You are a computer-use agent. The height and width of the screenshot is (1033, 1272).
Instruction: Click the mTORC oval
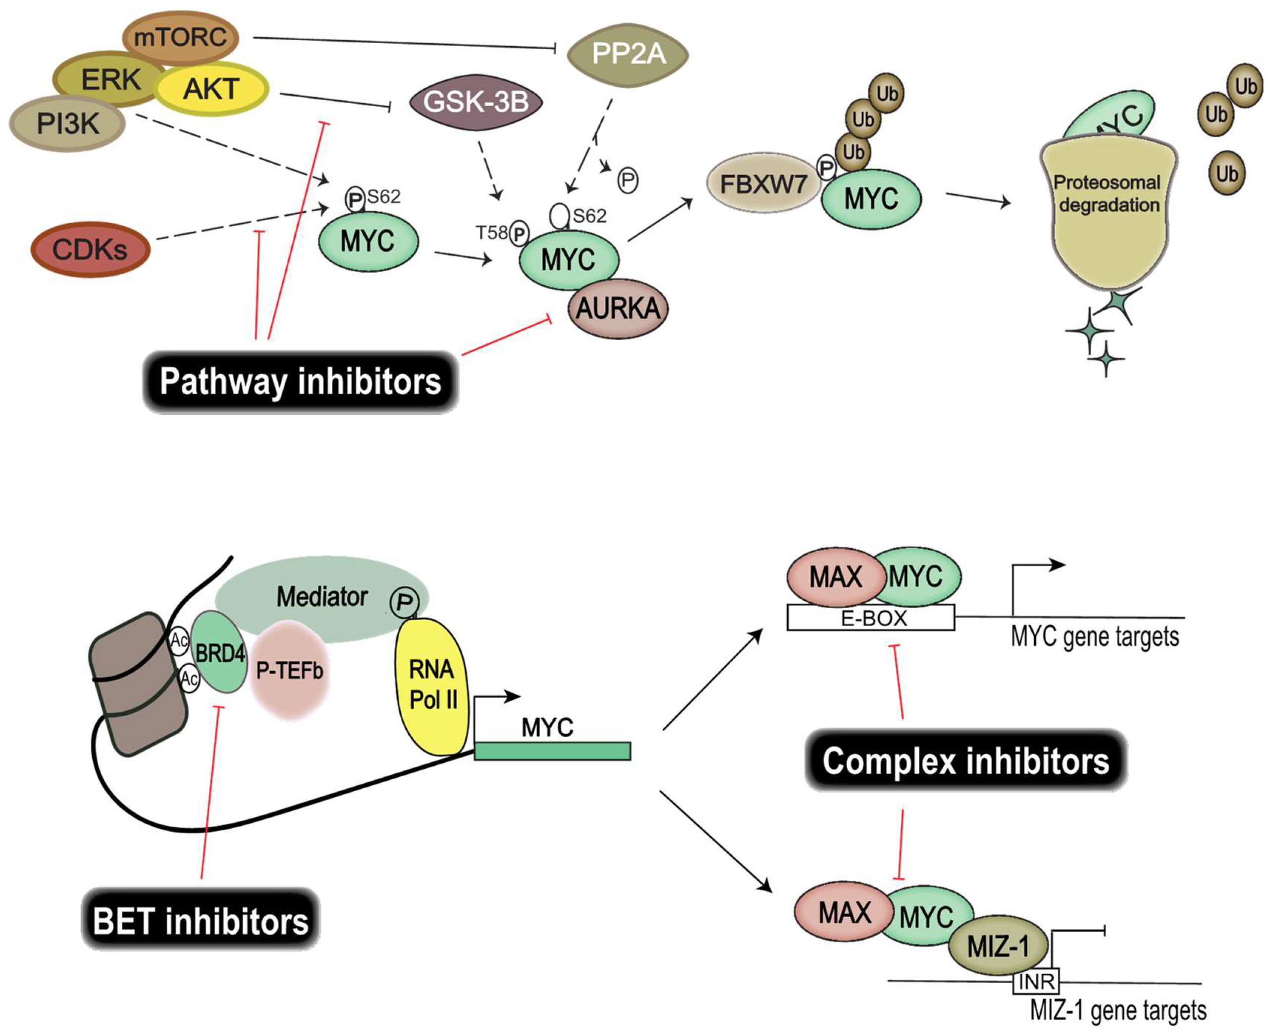tap(180, 38)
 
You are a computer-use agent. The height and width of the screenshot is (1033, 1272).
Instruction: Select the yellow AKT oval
tap(212, 89)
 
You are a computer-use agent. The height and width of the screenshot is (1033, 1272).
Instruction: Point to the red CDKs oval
tap(90, 249)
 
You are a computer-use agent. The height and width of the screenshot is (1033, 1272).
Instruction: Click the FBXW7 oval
tap(763, 184)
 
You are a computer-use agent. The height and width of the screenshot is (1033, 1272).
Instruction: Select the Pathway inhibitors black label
tap(300, 381)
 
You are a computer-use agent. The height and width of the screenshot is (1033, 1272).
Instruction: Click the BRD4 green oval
tap(219, 653)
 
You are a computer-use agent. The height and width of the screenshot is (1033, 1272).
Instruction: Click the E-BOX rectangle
tap(871, 619)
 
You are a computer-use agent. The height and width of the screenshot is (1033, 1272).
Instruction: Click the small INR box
tap(1036, 982)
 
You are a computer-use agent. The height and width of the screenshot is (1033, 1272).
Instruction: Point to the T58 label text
tap(491, 232)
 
